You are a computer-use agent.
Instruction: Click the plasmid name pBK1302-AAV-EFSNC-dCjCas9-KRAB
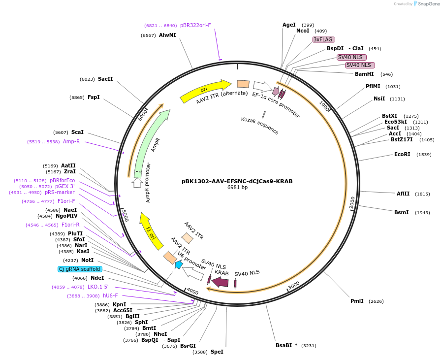click(x=237, y=181)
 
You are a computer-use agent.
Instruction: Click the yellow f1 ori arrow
click(x=151, y=231)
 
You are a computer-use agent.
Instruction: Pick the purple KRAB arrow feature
click(x=221, y=282)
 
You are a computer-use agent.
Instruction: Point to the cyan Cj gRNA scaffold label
click(x=80, y=269)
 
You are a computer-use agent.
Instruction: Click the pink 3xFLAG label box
click(x=323, y=39)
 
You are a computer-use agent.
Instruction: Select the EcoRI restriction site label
click(x=402, y=154)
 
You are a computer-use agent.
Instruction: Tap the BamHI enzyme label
click(x=364, y=74)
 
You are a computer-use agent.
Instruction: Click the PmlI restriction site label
click(x=357, y=301)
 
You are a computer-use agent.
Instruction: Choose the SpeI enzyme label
click(x=217, y=352)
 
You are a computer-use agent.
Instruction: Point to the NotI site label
click(x=87, y=260)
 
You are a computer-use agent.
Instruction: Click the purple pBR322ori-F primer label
click(x=195, y=25)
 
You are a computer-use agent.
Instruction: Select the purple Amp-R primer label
click(x=71, y=141)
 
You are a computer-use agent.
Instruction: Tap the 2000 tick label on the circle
click(x=352, y=202)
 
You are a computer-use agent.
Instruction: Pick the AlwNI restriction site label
click(x=167, y=35)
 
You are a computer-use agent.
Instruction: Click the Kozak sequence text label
click(x=260, y=126)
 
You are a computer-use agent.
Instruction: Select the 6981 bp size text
click(x=237, y=188)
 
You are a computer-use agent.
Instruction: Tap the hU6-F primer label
click(x=110, y=295)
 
